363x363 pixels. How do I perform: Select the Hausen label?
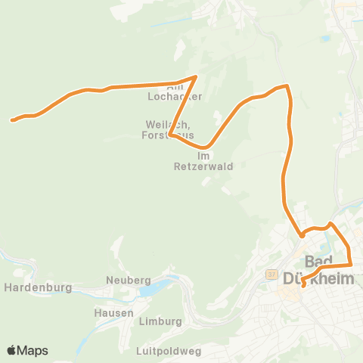pyautogui.click(x=114, y=312)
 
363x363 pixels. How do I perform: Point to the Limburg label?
pyautogui.click(x=161, y=321)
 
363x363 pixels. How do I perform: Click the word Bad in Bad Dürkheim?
pyautogui.click(x=318, y=260)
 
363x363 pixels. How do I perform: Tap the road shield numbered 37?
pyautogui.click(x=272, y=275)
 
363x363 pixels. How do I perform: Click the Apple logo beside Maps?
pyautogui.click(x=12, y=350)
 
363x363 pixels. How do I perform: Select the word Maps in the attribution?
pyautogui.click(x=33, y=350)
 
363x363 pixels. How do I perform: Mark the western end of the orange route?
pyautogui.click(x=13, y=119)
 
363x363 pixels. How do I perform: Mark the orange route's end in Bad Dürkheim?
pyautogui.click(x=303, y=286)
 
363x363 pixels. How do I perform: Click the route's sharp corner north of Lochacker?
pyautogui.click(x=196, y=77)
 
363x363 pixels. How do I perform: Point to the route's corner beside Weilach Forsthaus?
pyautogui.click(x=171, y=136)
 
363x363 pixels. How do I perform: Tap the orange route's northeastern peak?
pyautogui.click(x=287, y=86)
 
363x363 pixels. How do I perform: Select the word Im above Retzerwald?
pyautogui.click(x=202, y=156)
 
